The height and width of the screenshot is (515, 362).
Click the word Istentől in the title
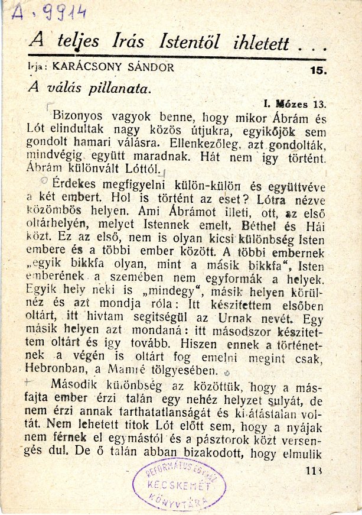click(191, 43)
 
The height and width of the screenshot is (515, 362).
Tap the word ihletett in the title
click(260, 43)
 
